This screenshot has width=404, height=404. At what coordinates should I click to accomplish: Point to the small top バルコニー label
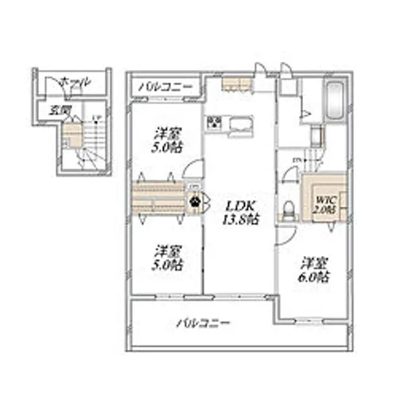[166, 87]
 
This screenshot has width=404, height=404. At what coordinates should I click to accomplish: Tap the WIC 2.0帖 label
[325, 203]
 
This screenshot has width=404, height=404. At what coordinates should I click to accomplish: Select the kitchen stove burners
[214, 124]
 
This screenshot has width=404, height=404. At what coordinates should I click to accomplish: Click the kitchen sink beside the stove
[240, 125]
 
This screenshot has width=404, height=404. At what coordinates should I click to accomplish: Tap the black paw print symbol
[195, 199]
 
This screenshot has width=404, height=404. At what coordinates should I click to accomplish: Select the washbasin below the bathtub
[314, 135]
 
